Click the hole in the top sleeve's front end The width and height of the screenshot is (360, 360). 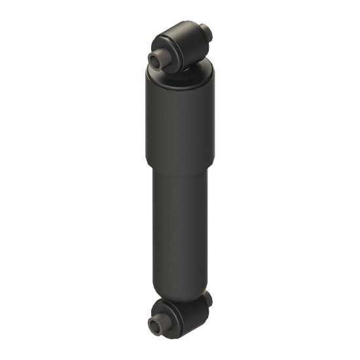click(156, 59)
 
